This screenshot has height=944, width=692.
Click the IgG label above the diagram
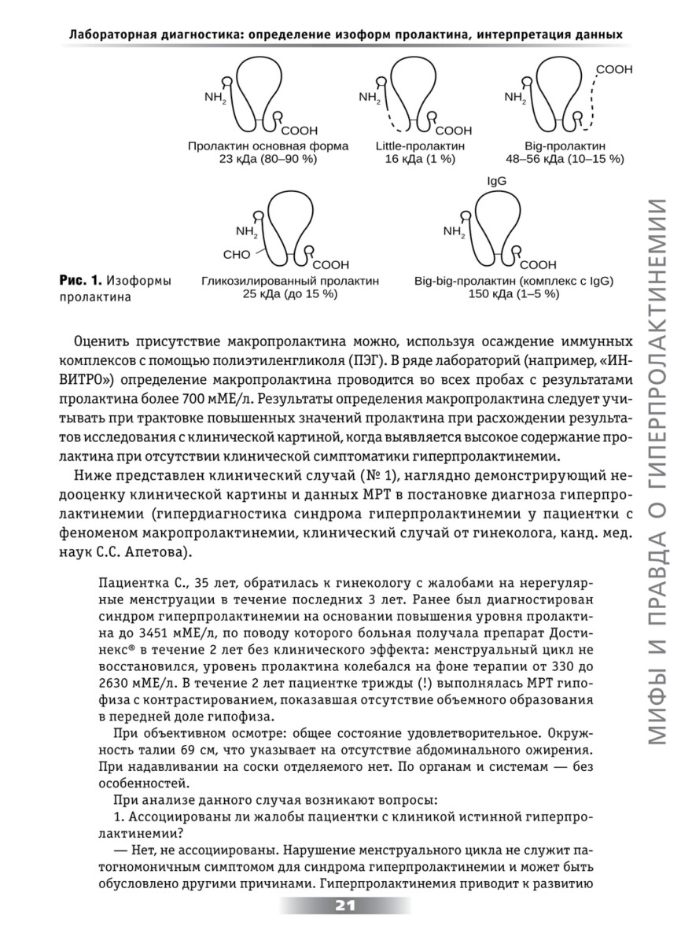pyautogui.click(x=496, y=181)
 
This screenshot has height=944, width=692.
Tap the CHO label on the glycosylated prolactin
pyautogui.click(x=236, y=254)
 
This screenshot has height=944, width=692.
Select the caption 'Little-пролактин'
pyautogui.click(x=420, y=146)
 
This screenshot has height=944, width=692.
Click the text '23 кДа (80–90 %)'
pyautogui.click(x=252, y=158)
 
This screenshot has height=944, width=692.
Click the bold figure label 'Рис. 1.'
pyautogui.click(x=80, y=281)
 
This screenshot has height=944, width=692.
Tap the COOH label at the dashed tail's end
pyautogui.click(x=614, y=70)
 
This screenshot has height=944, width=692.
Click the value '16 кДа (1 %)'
pyautogui.click(x=420, y=158)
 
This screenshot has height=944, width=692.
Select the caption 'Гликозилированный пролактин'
pyautogui.click(x=290, y=281)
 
